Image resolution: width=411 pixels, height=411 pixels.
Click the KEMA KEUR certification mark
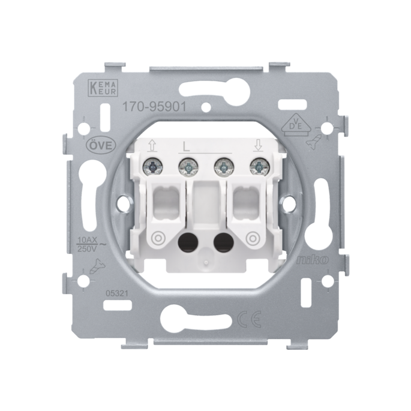[104, 87]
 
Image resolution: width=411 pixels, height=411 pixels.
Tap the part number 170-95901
[155, 107]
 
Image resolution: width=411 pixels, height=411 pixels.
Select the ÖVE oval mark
[100, 145]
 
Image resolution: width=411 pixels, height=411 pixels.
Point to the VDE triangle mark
[295, 125]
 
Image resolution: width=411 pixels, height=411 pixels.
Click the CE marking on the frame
[249, 319]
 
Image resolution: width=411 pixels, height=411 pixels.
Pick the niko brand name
[312, 260]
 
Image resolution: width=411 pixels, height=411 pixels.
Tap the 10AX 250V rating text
[89, 244]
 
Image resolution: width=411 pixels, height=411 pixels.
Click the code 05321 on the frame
[116, 293]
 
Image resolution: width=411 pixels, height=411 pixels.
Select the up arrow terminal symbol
[152, 146]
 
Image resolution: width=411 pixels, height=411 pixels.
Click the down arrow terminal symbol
[258, 145]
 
